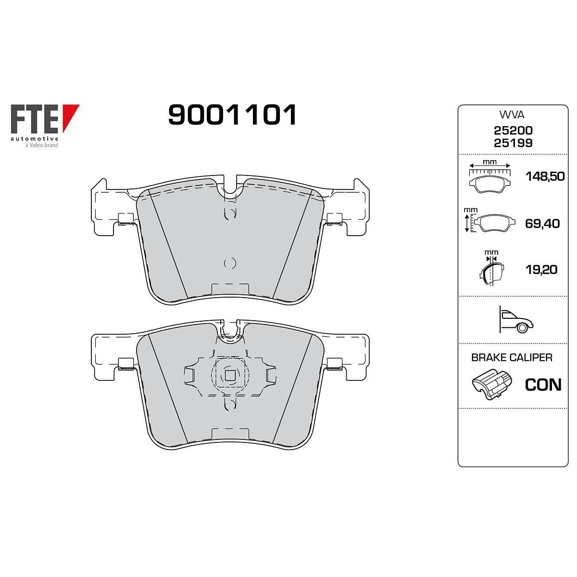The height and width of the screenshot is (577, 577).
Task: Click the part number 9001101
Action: click(232, 114)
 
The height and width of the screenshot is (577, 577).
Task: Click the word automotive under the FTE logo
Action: click(35, 139)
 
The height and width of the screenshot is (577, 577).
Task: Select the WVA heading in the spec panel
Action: click(512, 114)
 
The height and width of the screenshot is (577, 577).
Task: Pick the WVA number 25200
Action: click(513, 130)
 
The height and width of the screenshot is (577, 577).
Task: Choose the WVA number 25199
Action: click(513, 143)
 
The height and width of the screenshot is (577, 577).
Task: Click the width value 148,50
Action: click(545, 176)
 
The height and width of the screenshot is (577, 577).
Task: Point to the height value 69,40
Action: click(542, 224)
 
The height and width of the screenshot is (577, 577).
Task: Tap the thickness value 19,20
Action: click(541, 270)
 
